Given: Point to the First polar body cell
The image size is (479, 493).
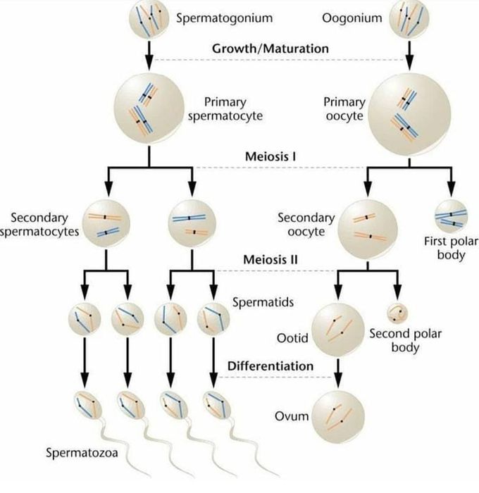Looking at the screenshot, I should point(450,217).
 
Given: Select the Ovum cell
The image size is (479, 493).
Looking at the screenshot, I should point(339,415).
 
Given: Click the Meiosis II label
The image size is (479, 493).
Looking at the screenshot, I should point(270,260).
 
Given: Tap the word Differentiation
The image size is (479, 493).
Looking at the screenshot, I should point(270,366).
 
